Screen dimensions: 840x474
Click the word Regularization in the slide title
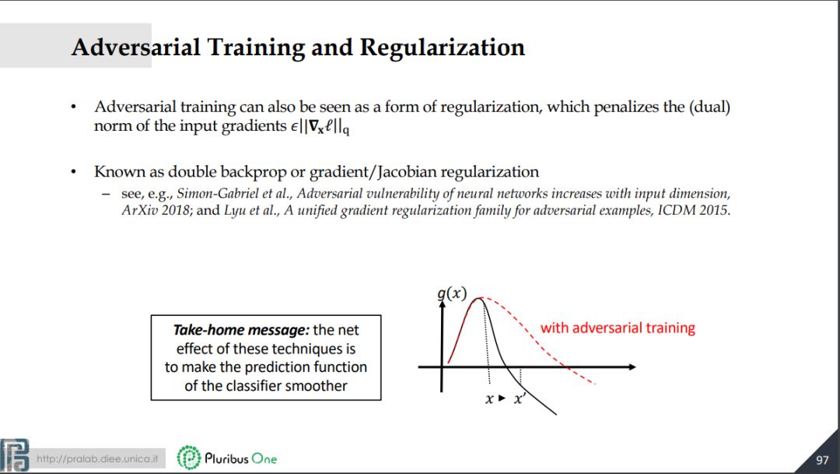[x=443, y=48]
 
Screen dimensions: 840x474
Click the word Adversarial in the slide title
[x=135, y=47]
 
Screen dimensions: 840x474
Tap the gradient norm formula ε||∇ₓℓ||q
[x=320, y=127]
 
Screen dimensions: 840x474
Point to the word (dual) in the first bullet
[x=709, y=107]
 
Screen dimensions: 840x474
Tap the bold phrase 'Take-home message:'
[x=241, y=330]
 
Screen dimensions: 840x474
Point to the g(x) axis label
[x=452, y=294]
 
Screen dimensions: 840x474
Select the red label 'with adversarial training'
[x=618, y=328]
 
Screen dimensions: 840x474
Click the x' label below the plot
[x=520, y=399]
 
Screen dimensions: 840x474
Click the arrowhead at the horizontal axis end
[x=632, y=367]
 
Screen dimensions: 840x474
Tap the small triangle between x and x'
[x=502, y=399]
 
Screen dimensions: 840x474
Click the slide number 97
[x=822, y=460]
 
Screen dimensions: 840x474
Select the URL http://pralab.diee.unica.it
[x=97, y=459]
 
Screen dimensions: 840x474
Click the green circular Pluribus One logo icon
[x=188, y=458]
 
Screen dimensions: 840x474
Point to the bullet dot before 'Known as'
[x=74, y=172]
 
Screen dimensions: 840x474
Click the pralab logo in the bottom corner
[x=15, y=455]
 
